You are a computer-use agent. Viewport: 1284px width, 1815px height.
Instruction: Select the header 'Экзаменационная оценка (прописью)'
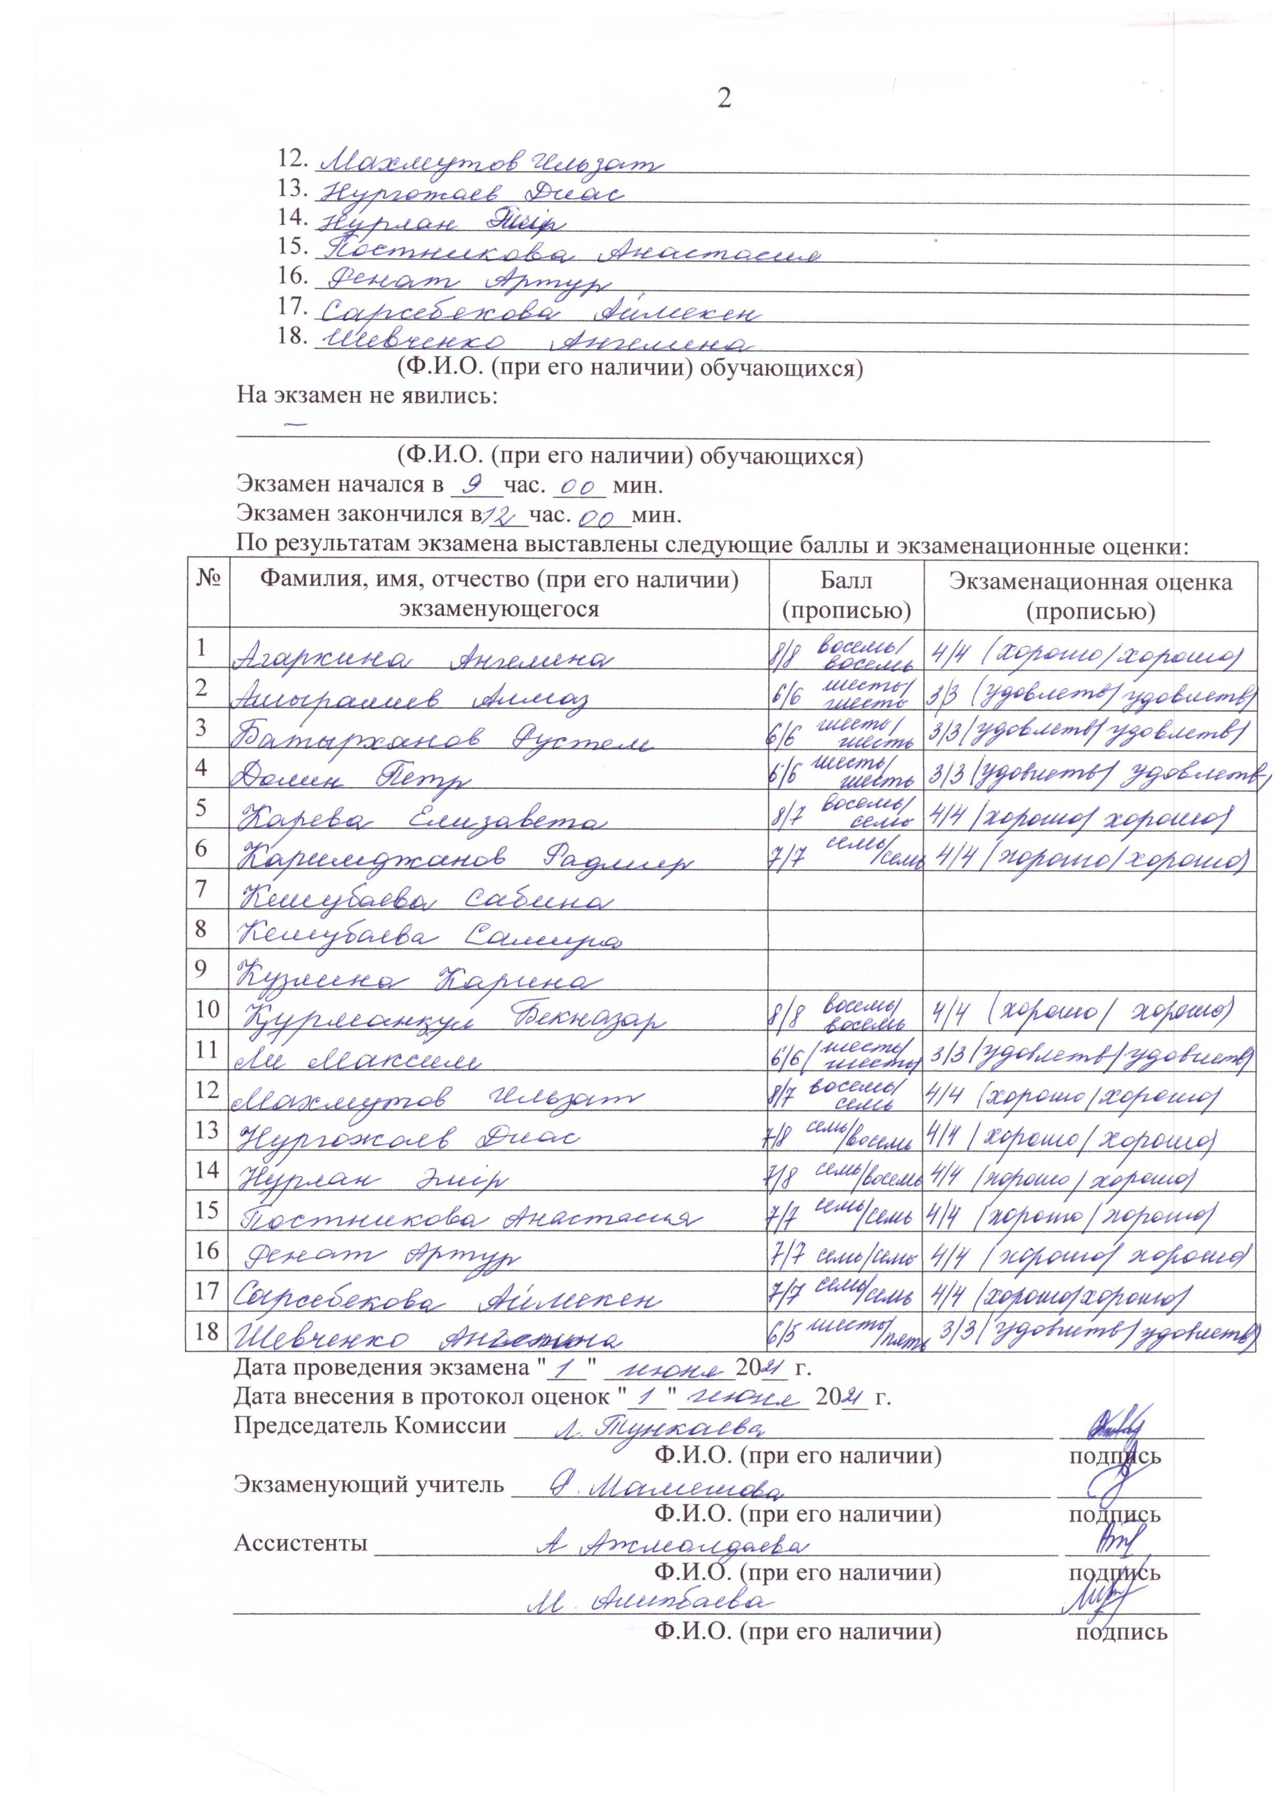pyautogui.click(x=1090, y=595)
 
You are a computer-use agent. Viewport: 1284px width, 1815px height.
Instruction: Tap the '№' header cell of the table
pyautogui.click(x=207, y=581)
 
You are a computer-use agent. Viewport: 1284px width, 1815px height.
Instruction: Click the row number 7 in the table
pyautogui.click(x=202, y=889)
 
